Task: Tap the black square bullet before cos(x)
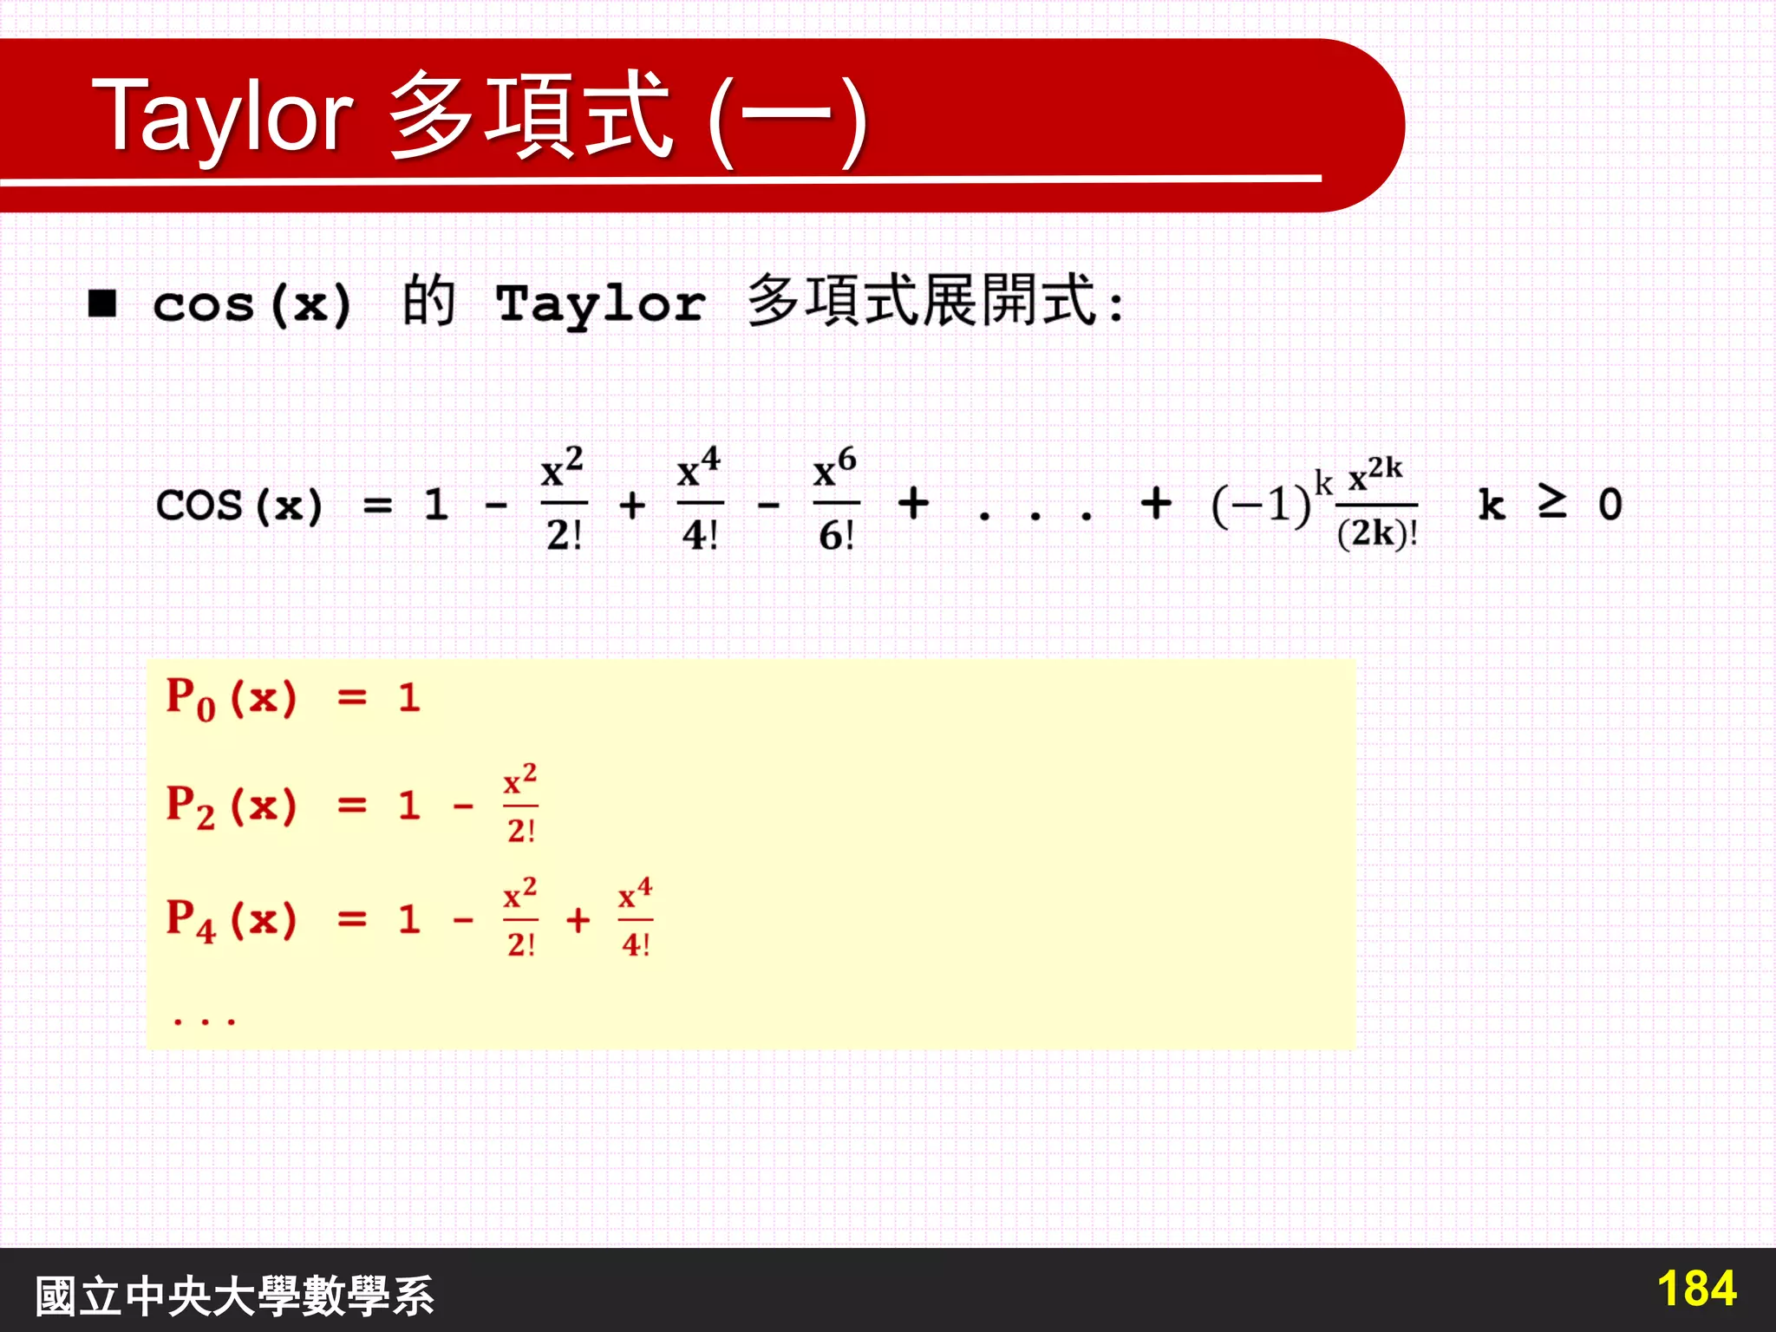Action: pos(102,304)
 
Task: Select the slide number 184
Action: pos(1695,1289)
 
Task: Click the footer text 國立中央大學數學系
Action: pos(234,1296)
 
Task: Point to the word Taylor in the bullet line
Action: pos(600,304)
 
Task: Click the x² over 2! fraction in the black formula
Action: pos(564,501)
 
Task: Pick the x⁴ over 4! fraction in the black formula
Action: pos(699,501)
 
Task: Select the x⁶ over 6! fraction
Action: pos(836,501)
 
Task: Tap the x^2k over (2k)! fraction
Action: pos(1376,503)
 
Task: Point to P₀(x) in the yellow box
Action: pos(231,698)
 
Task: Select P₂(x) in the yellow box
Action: pos(231,806)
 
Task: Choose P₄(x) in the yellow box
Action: pos(231,919)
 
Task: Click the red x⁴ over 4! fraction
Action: pos(636,919)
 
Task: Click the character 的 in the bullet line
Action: pos(428,302)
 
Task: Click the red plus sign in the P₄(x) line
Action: pos(578,920)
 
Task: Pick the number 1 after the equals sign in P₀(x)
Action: pos(409,698)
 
